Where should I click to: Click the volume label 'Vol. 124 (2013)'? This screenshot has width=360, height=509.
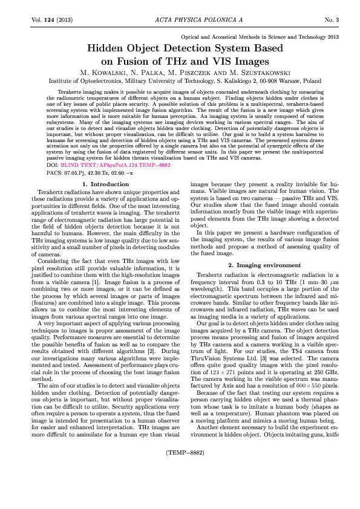51,20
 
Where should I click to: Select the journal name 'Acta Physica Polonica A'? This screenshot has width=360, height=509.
180,20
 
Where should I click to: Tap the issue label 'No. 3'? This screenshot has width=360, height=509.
332,20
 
